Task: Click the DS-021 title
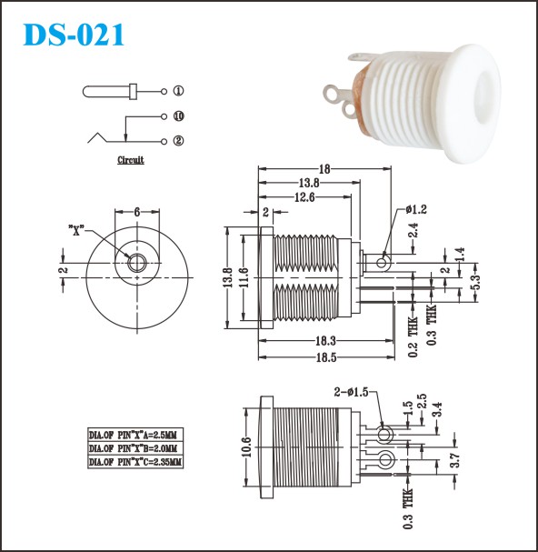[74, 35]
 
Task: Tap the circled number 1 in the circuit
[179, 91]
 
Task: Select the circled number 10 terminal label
[179, 116]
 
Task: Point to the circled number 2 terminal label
[179, 141]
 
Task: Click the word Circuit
[131, 160]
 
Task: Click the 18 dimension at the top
[324, 169]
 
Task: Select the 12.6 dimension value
[304, 197]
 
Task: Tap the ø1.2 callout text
[416, 209]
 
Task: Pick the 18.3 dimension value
[326, 341]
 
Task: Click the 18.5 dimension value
[326, 357]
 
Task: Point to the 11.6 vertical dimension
[244, 277]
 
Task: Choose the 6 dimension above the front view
[137, 212]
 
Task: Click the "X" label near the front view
[76, 230]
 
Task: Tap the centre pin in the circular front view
[137, 263]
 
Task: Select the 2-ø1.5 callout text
[351, 392]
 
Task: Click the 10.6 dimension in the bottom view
[247, 447]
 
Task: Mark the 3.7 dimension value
[455, 460]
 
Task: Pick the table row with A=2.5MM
[135, 435]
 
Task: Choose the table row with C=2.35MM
[135, 462]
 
